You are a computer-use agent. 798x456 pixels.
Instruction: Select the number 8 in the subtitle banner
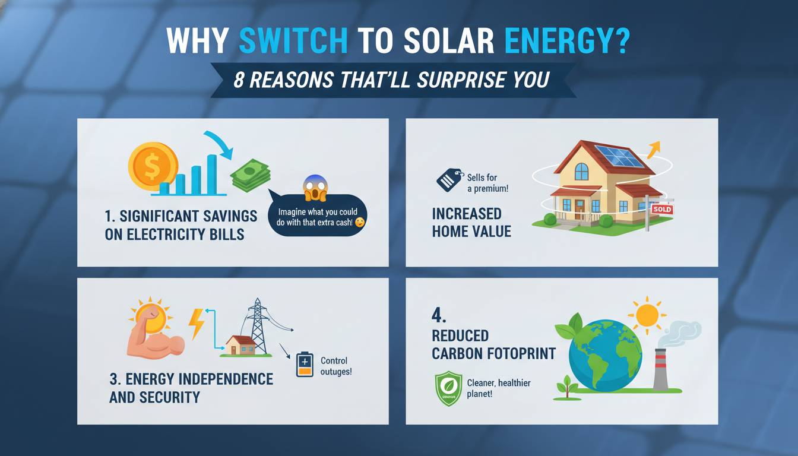coord(239,80)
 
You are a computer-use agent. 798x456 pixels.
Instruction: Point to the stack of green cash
coord(251,175)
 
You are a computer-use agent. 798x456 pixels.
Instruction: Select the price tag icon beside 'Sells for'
coord(449,179)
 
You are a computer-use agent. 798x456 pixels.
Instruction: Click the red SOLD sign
coord(661,210)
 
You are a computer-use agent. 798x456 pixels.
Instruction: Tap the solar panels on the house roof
coord(619,156)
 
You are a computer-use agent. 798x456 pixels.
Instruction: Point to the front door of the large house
coord(579,208)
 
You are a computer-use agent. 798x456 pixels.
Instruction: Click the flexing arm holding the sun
coord(151,335)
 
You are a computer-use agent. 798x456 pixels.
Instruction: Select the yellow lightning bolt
coord(197,324)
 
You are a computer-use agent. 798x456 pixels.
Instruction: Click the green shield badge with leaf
coord(449,388)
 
